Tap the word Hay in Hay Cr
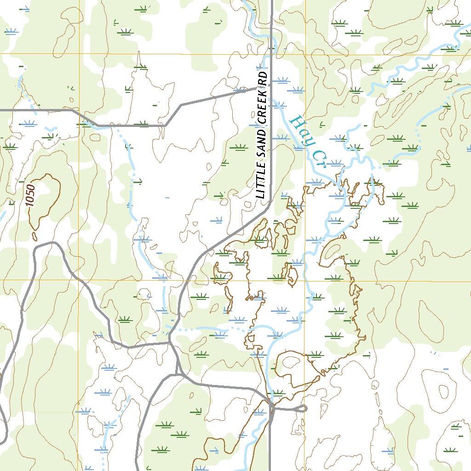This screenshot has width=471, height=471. click(x=301, y=130)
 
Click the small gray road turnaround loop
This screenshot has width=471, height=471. click(x=303, y=408)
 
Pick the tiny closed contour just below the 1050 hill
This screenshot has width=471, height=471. click(x=34, y=236)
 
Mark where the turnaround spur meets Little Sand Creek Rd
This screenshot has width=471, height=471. click(x=271, y=408)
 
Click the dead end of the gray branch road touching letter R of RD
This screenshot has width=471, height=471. click(x=256, y=89)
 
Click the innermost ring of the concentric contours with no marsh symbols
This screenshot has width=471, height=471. click(x=443, y=391)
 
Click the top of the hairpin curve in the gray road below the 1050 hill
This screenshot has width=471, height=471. click(x=51, y=243)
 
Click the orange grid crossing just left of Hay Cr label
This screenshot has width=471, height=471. click(x=305, y=54)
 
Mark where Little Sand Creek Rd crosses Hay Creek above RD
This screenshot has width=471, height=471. click(x=271, y=47)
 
